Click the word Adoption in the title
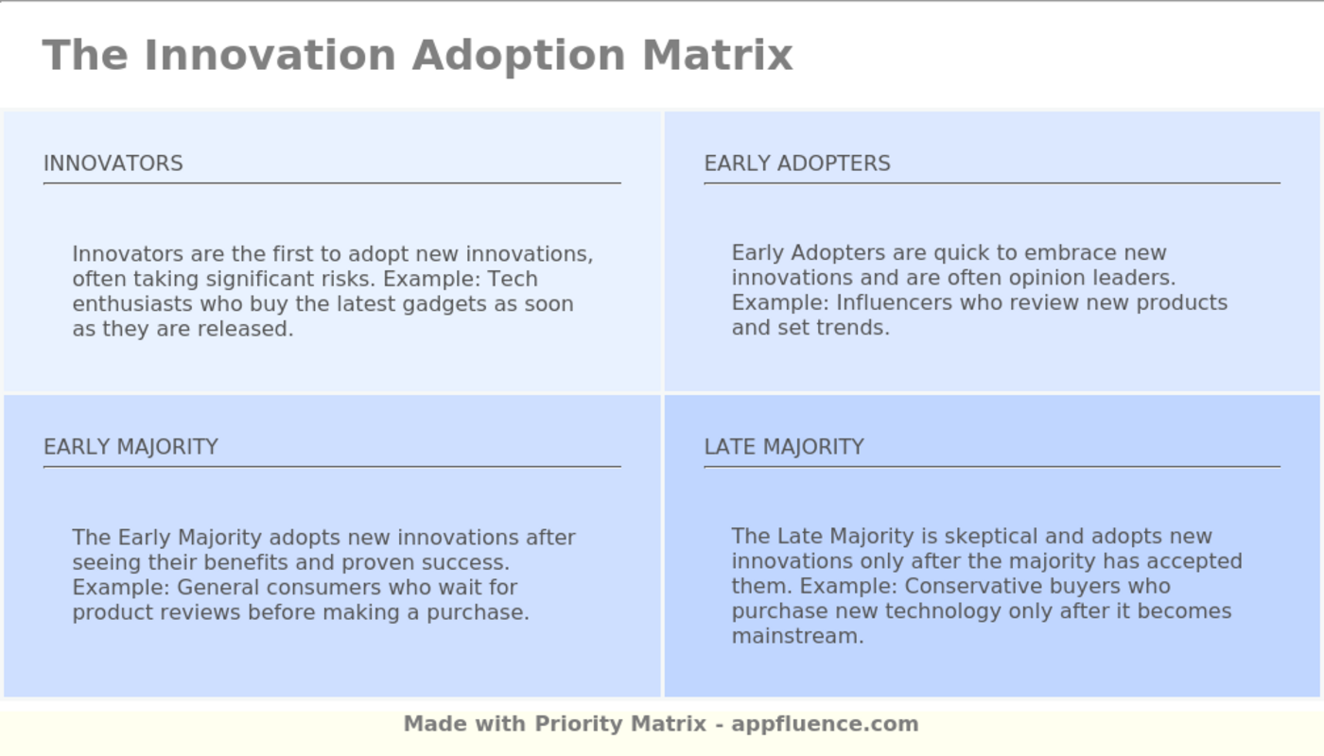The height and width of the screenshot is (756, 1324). pyautogui.click(x=517, y=55)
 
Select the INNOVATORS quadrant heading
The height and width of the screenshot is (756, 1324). pyautogui.click(x=113, y=163)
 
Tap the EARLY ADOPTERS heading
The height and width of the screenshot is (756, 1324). pyautogui.click(x=797, y=163)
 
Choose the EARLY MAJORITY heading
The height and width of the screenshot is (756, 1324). pyautogui.click(x=131, y=447)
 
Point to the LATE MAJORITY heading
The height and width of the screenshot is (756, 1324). pyautogui.click(x=784, y=447)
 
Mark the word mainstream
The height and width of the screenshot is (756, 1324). pyautogui.click(x=795, y=636)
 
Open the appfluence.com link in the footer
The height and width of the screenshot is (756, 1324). pyautogui.click(x=825, y=724)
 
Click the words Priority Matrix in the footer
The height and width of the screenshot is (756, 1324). pyautogui.click(x=620, y=724)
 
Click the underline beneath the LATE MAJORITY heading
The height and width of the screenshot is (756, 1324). pyautogui.click(x=991, y=467)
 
